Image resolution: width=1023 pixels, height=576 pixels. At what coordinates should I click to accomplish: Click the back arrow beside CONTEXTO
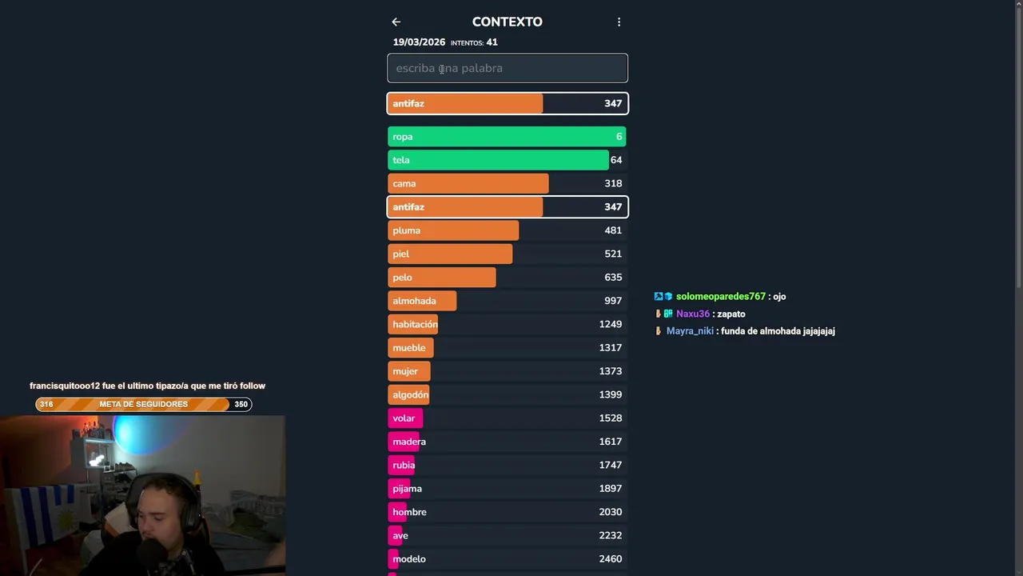point(396,22)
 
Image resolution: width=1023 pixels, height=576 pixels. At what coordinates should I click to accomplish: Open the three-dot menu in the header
point(619,22)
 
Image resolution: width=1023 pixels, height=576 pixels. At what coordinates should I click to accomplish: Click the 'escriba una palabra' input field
point(508,68)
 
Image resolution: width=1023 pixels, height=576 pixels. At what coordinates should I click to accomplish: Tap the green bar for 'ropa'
point(507,137)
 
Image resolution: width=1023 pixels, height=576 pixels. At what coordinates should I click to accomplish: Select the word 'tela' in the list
point(401,160)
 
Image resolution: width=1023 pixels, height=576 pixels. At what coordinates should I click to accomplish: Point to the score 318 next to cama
point(613,183)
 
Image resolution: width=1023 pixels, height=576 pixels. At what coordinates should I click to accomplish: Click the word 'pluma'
point(406,230)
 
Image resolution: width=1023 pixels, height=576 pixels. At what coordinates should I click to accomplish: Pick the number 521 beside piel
point(613,254)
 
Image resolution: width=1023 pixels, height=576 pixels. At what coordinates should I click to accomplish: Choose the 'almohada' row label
point(414,301)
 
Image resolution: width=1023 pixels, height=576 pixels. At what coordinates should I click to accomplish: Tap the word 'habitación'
point(415,324)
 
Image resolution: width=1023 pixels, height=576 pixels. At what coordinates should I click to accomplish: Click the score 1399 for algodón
point(611,394)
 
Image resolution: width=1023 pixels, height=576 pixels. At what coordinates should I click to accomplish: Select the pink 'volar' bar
point(405,418)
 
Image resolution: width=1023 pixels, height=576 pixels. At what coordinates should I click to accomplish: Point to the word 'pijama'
point(407,489)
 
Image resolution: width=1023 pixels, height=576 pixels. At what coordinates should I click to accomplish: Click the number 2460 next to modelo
point(611,559)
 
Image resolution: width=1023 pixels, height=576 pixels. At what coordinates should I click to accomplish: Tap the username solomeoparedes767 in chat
point(720,297)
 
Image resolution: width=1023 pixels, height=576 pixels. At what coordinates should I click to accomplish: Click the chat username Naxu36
point(692,314)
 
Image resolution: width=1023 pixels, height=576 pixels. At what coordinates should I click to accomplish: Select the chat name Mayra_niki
point(690,331)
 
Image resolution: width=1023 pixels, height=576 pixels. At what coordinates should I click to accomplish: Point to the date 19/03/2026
point(419,42)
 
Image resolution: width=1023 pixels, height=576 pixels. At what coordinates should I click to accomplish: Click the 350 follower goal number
point(241,405)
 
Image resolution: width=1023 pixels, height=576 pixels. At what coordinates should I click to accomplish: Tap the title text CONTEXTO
point(507,22)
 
